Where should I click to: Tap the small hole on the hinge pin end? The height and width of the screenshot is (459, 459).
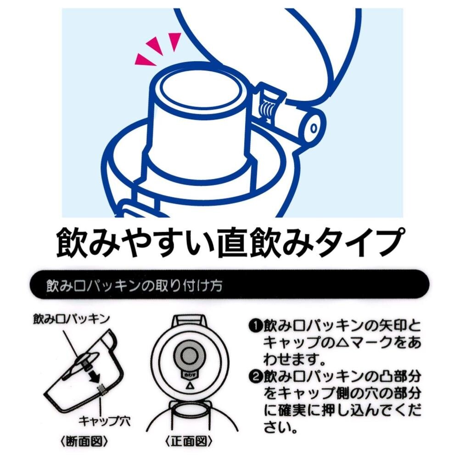coord(314,129)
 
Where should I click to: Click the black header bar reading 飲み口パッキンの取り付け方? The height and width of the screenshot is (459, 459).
coord(229,284)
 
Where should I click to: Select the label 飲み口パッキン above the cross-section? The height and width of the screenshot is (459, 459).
coord(72,319)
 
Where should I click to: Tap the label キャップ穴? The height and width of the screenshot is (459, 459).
coord(105,421)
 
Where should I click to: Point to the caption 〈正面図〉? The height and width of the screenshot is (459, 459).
coord(189,442)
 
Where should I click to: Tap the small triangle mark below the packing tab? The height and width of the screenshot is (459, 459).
coord(189,386)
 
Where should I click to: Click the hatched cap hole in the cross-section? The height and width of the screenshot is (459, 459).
coord(101,390)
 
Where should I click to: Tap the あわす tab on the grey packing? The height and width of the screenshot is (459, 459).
coord(189,375)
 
